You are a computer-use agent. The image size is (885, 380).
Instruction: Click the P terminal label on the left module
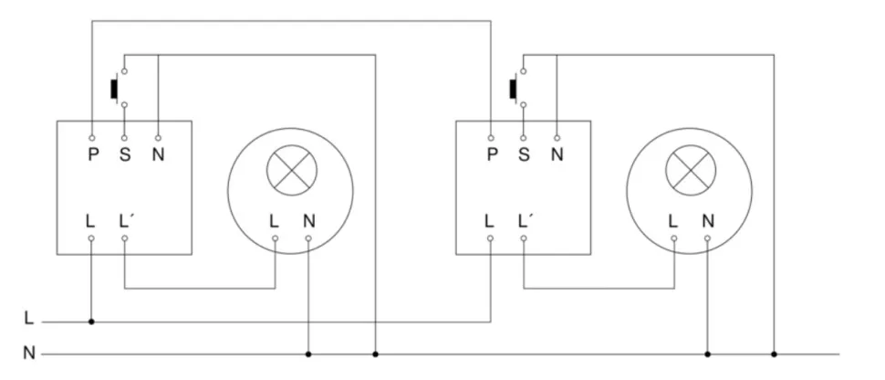pos(92,154)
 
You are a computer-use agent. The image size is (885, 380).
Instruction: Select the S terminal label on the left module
pos(125,154)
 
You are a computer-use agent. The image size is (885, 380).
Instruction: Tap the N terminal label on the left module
pos(158,154)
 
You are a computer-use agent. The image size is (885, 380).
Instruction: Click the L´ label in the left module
pos(127,220)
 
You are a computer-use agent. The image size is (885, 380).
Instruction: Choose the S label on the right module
pos(524,154)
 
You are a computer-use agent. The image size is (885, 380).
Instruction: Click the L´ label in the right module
pos(526,220)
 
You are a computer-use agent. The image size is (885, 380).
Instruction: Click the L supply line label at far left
pos(29,321)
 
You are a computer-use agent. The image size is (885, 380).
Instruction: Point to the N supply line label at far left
pos(29,353)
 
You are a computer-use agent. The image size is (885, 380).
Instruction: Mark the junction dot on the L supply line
pos(91,322)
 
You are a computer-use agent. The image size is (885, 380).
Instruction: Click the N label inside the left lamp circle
pos(308,220)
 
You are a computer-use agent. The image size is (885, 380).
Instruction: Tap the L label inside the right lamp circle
pos(673,220)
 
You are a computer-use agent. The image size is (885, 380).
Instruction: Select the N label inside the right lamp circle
pos(707,220)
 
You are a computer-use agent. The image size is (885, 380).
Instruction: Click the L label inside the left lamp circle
pos(275,220)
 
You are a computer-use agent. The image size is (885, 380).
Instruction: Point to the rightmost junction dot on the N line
pos(774,354)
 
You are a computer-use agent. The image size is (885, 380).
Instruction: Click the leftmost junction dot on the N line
pos(308,354)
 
